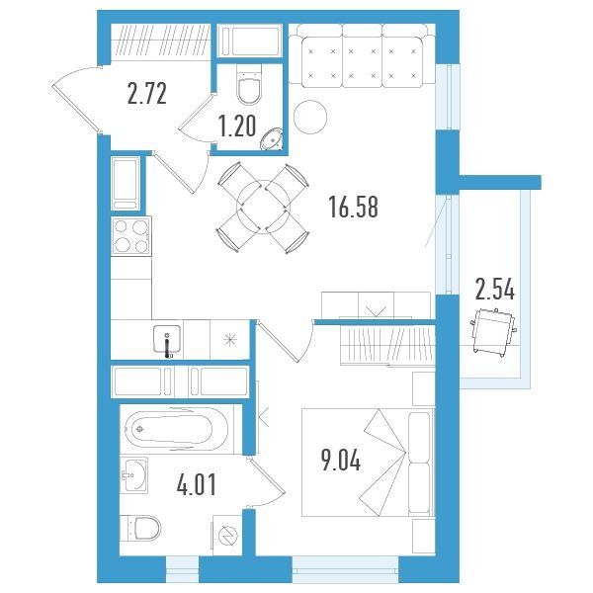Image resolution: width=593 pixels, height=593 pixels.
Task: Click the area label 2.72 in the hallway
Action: click(x=146, y=94)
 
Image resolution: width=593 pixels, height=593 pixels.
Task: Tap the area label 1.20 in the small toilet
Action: click(x=237, y=127)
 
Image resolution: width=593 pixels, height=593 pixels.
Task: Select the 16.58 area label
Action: click(x=353, y=207)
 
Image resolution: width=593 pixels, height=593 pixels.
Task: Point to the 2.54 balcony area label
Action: click(x=495, y=289)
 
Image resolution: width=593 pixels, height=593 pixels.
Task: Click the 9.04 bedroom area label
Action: click(x=341, y=460)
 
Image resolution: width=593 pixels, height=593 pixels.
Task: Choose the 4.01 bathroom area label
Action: click(x=197, y=485)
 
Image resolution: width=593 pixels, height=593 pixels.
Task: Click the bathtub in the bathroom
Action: click(x=176, y=429)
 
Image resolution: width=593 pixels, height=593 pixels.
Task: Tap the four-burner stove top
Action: click(x=131, y=236)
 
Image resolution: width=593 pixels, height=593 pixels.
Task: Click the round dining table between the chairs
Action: click(x=263, y=207)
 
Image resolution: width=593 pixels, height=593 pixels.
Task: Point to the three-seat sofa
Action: click(x=362, y=55)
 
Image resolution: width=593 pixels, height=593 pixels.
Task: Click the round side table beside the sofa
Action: click(x=310, y=117)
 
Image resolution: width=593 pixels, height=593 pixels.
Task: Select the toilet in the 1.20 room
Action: click(x=249, y=85)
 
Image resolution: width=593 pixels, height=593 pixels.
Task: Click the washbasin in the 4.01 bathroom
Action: click(x=133, y=475)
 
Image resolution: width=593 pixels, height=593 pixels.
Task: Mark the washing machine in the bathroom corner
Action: click(x=227, y=535)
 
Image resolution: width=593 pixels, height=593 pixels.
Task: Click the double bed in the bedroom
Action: click(x=368, y=463)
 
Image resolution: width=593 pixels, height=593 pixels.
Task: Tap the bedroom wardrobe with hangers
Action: click(x=387, y=345)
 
